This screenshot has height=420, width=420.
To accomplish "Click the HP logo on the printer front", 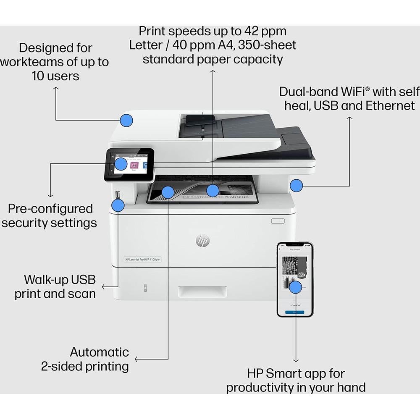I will click(202, 241).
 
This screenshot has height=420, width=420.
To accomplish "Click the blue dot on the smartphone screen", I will click(296, 287).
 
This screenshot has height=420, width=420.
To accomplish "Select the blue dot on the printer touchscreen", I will click(121, 164).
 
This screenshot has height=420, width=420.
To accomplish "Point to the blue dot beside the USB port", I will click(118, 205).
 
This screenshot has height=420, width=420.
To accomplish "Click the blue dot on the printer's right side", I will click(297, 185).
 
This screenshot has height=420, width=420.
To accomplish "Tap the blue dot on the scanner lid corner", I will click(126, 120).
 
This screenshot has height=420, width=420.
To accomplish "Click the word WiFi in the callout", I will click(350, 92).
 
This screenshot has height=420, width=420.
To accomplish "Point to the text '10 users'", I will click(55, 76).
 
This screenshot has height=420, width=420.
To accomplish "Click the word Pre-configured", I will click(50, 209).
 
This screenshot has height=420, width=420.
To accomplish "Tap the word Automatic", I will click(99, 352).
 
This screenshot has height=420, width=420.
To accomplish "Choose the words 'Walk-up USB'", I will click(60, 279).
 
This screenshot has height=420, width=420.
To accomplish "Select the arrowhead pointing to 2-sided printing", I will click(136, 359).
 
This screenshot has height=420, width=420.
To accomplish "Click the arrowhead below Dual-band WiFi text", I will click(349, 118).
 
